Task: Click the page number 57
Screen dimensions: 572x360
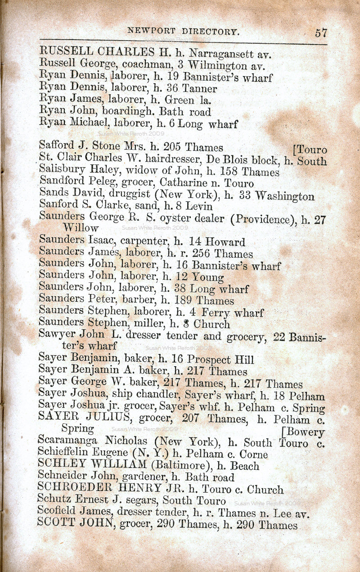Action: point(321,32)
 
